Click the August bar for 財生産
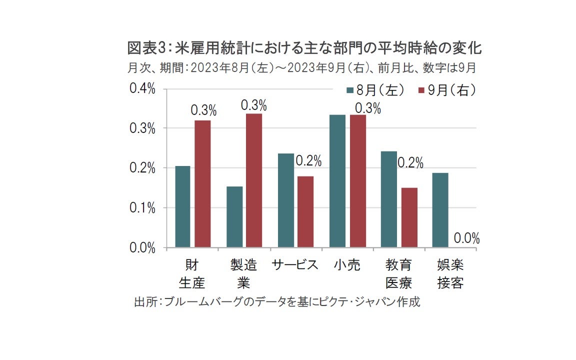[182, 206]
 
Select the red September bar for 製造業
[253, 180]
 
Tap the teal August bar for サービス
[286, 200]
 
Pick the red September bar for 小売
[358, 181]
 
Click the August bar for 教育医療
[389, 199]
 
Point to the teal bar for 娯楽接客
[440, 210]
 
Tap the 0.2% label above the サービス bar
[308, 161]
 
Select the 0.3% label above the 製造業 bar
[253, 105]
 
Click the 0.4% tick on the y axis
[142, 88]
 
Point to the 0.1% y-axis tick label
[142, 208]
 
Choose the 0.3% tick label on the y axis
[142, 128]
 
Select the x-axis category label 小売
[346, 265]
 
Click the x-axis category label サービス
[295, 265]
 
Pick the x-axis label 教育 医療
[398, 274]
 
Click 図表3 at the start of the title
[143, 49]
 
